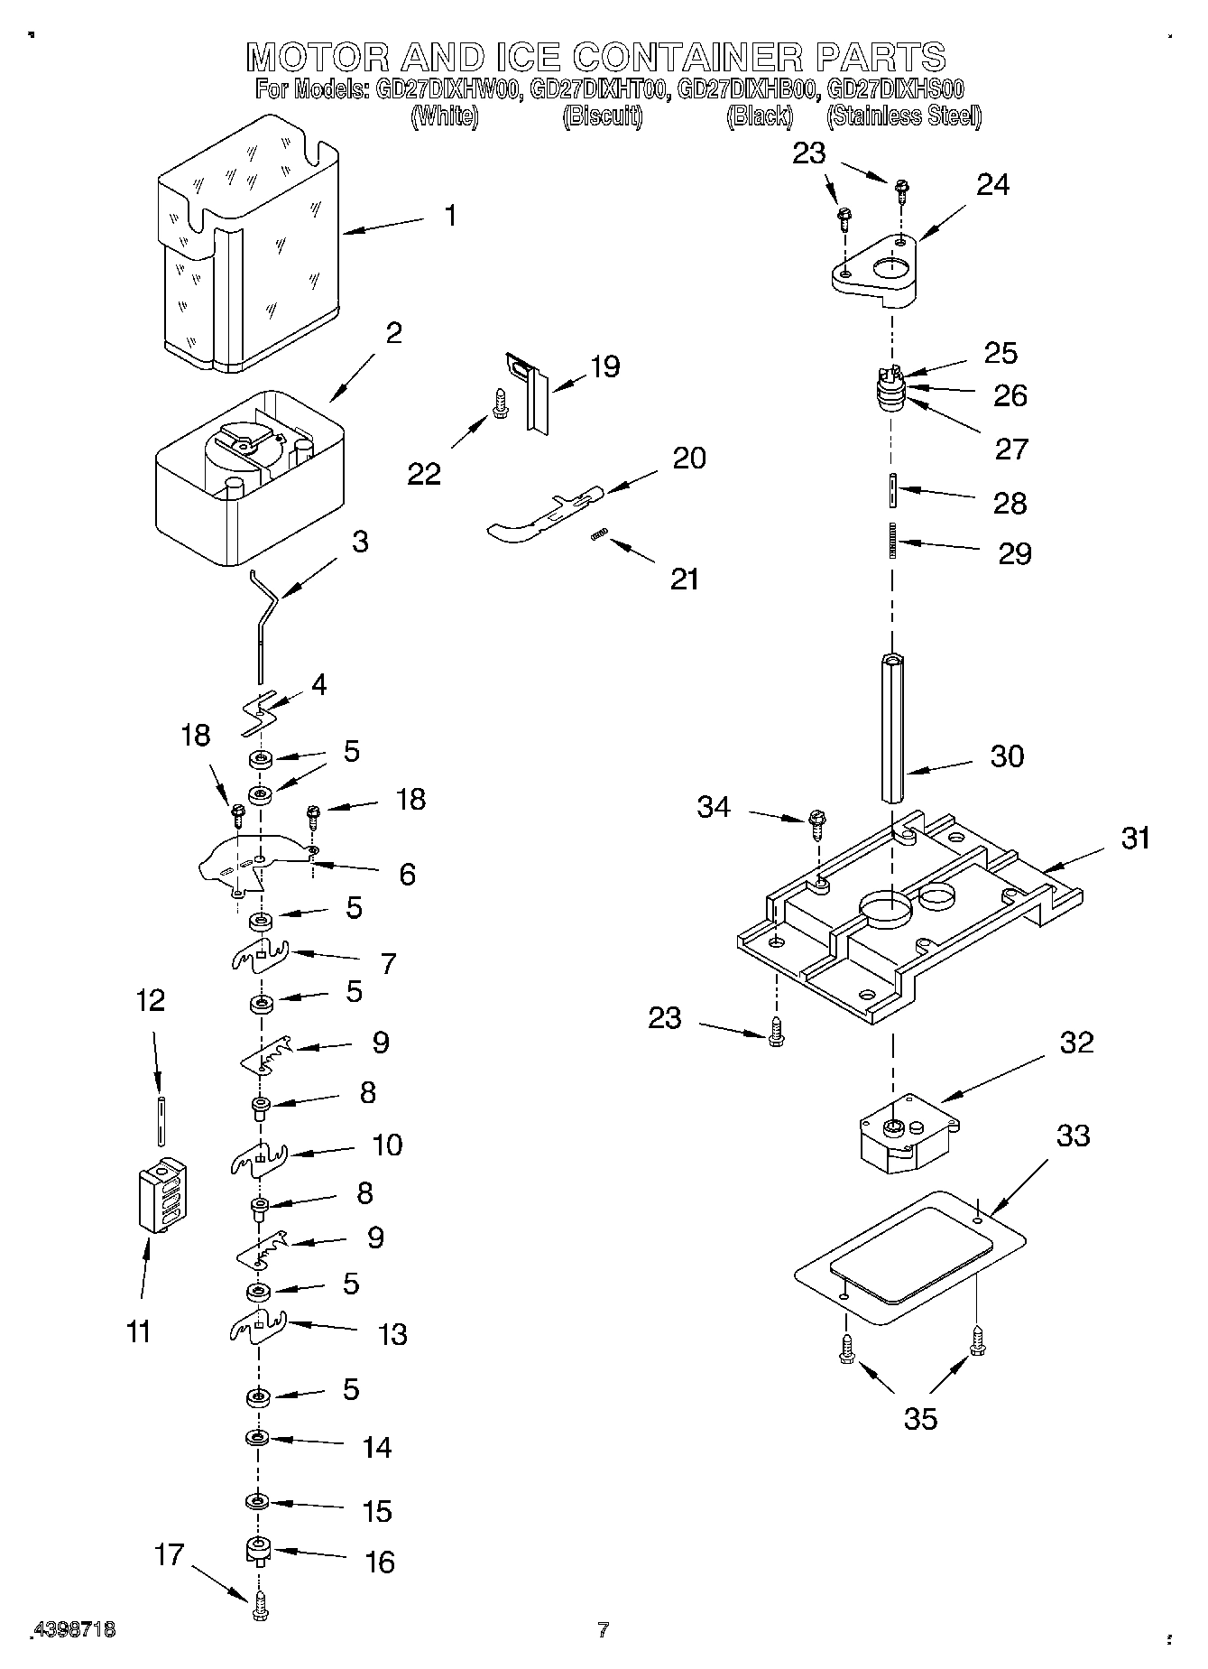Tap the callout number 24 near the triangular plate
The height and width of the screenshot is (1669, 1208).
992,184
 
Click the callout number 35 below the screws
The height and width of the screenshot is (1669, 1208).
920,1418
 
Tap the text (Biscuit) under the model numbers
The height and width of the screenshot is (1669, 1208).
602,116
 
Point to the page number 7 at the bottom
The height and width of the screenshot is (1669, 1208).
603,1628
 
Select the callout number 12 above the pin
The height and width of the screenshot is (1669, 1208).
151,1000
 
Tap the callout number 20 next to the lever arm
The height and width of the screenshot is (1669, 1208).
689,458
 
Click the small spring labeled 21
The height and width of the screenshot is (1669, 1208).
597,536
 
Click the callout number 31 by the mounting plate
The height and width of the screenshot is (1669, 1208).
1135,838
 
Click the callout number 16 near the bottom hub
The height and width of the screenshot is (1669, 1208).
381,1562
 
